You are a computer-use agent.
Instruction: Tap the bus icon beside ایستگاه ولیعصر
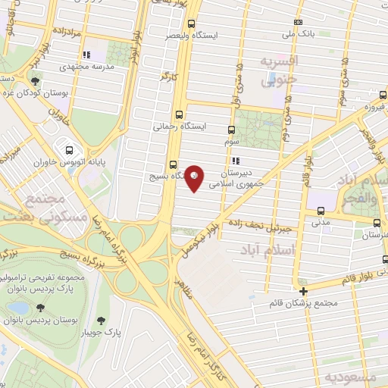tap(190, 23)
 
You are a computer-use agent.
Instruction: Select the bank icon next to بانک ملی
tap(298, 23)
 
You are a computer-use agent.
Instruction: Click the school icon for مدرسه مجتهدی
tap(87, 55)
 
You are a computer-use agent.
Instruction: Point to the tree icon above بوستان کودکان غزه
tap(35, 81)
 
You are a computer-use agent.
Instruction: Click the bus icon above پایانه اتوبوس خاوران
tap(70, 150)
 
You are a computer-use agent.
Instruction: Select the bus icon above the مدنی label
tap(320, 211)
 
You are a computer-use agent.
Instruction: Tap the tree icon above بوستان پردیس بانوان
tap(39, 308)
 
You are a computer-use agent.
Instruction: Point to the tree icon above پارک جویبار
tap(95, 320)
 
